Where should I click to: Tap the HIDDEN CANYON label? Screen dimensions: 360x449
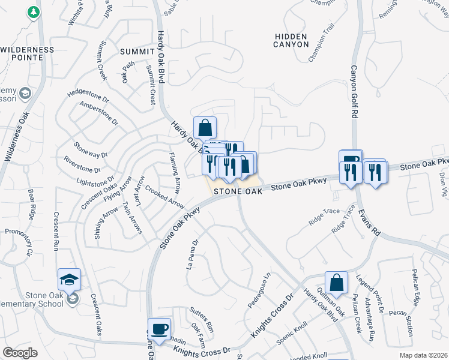coord(291,40)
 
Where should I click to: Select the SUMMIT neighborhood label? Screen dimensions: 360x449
coord(137,51)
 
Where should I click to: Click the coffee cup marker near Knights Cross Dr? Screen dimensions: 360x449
coord(159,329)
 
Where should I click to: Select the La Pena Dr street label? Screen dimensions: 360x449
coord(194,254)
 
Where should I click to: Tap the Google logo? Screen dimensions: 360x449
coord(20,352)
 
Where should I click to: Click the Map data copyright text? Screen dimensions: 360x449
coord(424,355)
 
